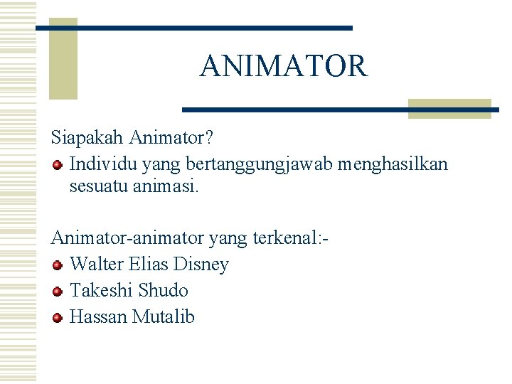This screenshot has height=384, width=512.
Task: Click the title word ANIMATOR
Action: point(284,66)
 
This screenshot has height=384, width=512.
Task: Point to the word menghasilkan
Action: point(393,164)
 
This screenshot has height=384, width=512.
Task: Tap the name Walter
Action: point(97,265)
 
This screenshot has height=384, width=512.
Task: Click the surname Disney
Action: point(200,265)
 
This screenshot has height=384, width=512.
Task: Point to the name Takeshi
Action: point(101,290)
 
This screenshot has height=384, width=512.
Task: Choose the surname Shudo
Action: point(163,290)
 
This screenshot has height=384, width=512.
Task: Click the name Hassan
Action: point(99,316)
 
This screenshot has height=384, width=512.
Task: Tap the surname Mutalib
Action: point(164,316)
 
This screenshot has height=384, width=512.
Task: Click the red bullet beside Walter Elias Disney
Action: point(58,265)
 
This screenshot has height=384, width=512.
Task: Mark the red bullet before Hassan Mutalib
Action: point(58,317)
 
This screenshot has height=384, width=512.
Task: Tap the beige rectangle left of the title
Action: point(63,60)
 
